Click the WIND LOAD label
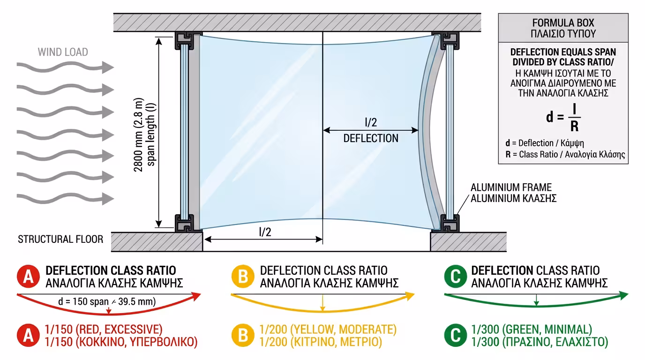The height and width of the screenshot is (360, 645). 63,52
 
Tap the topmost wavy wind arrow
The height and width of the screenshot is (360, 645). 65,67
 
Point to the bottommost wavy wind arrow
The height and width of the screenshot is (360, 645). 65,199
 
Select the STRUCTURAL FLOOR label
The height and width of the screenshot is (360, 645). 60,240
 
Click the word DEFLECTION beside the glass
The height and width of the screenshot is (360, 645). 371,139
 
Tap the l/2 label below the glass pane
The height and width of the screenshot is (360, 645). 265,232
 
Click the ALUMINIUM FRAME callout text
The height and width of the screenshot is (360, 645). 511,187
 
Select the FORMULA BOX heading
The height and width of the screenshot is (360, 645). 563,23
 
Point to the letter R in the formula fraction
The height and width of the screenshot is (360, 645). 575,127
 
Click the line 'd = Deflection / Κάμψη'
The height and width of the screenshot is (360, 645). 545,143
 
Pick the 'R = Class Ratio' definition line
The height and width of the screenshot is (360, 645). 565,155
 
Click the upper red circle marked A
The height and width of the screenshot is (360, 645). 28,277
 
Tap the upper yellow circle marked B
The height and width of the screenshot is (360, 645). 243,277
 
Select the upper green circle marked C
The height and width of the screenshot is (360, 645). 456,277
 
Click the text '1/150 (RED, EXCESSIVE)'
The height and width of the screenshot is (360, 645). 104,329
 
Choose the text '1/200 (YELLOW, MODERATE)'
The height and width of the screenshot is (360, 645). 328,329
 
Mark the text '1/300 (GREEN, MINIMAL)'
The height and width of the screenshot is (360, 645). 532,329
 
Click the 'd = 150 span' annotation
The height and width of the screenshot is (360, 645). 107,301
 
